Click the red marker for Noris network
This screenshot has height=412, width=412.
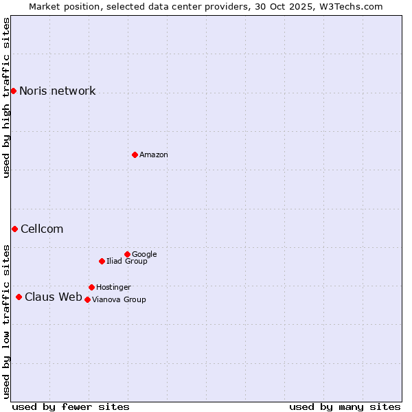(x=13, y=91)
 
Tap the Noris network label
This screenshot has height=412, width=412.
(x=57, y=91)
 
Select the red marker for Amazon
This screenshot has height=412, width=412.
(x=135, y=154)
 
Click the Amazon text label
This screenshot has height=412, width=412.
(x=154, y=155)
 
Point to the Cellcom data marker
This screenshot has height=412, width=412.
(x=14, y=229)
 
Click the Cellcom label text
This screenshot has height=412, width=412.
(x=42, y=229)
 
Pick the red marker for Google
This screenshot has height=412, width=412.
(x=127, y=254)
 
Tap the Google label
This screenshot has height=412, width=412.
(x=144, y=255)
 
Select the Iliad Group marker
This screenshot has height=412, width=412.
(x=102, y=261)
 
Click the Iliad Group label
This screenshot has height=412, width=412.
(x=127, y=262)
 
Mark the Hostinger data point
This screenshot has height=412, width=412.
(x=91, y=287)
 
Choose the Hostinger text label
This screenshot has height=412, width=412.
(x=113, y=288)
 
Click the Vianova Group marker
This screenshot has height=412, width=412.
(x=87, y=299)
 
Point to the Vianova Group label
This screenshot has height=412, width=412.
(x=119, y=300)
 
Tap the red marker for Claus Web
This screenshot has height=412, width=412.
(x=19, y=297)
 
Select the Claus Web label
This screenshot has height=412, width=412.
(x=53, y=297)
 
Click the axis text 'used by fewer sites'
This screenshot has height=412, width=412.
(x=71, y=407)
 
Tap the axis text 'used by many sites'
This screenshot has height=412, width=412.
(x=345, y=407)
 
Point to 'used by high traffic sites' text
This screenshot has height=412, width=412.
(x=6, y=98)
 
